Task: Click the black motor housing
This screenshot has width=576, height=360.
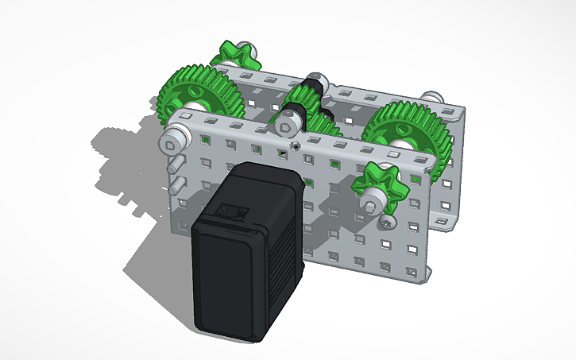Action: coord(246,254)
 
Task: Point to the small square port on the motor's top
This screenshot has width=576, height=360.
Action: coord(233,212)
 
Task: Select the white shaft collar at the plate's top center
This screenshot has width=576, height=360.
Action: coord(287,122)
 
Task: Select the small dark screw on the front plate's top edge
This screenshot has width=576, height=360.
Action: coord(295,146)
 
